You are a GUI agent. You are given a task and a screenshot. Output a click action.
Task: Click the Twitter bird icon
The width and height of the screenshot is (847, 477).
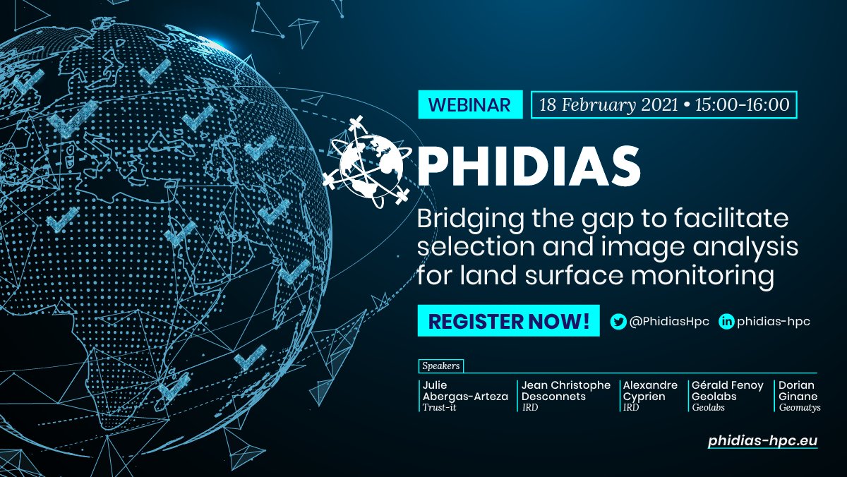[x=618, y=321]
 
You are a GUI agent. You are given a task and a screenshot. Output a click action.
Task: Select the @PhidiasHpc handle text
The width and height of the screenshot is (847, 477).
[x=668, y=321]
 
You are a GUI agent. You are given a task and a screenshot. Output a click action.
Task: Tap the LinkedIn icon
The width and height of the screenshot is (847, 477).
[x=726, y=321]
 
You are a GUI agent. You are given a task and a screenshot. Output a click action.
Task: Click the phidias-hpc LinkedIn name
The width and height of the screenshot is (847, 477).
[x=773, y=321]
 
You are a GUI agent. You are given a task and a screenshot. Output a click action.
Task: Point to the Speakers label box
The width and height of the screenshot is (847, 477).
[x=441, y=366]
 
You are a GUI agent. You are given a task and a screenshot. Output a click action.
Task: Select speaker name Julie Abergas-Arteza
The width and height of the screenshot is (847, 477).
[x=464, y=391]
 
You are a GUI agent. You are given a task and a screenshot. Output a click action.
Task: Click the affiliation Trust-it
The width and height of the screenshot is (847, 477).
[x=439, y=407]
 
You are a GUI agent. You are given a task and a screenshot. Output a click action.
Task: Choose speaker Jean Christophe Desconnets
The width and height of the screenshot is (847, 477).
[x=565, y=391]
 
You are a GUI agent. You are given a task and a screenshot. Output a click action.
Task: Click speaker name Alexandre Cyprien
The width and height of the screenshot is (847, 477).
[x=649, y=391]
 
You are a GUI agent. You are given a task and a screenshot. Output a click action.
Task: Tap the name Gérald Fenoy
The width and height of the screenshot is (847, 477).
[x=728, y=385]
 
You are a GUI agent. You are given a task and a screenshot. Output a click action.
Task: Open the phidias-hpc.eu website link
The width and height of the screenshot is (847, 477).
[x=762, y=440]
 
